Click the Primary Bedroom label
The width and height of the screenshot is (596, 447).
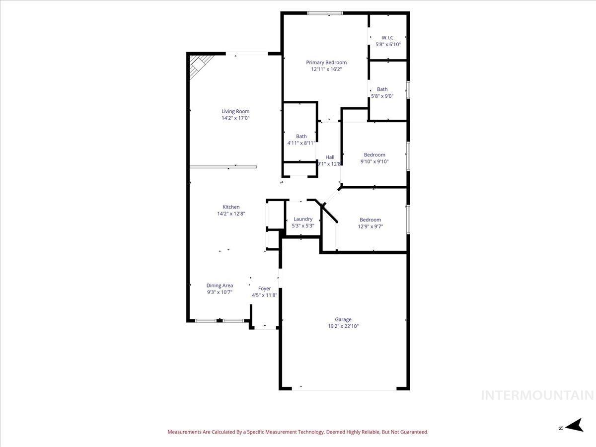click(326, 63)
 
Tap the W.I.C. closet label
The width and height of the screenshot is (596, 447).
click(388, 38)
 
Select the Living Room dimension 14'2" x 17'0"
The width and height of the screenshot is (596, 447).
click(235, 118)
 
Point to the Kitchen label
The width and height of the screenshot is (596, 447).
click(231, 207)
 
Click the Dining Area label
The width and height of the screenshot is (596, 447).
click(220, 286)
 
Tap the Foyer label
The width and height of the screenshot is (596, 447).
click(264, 289)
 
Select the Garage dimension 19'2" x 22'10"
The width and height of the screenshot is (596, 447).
click(343, 326)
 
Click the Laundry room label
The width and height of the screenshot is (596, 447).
click(303, 219)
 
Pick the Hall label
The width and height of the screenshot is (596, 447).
click(330, 157)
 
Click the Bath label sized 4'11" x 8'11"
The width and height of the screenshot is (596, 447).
click(301, 136)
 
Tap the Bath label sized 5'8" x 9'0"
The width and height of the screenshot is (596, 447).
click(382, 89)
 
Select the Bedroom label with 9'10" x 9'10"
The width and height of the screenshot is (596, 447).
click(374, 154)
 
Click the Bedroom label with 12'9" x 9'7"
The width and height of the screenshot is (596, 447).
click(371, 220)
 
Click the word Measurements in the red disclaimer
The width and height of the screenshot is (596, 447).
click(184, 432)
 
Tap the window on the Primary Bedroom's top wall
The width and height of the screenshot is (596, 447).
click(324, 13)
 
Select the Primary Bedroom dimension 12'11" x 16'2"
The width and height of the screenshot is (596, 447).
click(326, 70)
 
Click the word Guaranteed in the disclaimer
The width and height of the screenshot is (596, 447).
click(414, 432)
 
